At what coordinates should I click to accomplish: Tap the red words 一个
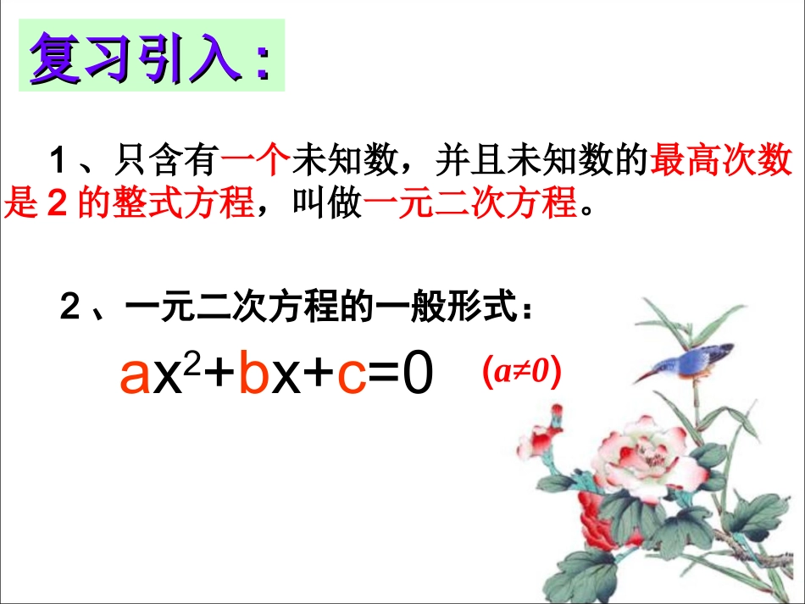pyautogui.click(x=255, y=160)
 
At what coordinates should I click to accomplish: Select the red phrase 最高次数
pyautogui.click(x=721, y=160)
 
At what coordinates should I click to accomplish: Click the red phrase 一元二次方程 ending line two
pyautogui.click(x=469, y=203)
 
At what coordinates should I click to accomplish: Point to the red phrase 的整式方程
pyautogui.click(x=165, y=203)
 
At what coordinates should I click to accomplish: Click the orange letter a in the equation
pyautogui.click(x=134, y=375)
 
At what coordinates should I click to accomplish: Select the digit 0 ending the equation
pyautogui.click(x=416, y=374)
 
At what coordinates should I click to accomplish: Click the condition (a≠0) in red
pyautogui.click(x=520, y=374)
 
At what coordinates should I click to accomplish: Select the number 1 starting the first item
pyautogui.click(x=58, y=160)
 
